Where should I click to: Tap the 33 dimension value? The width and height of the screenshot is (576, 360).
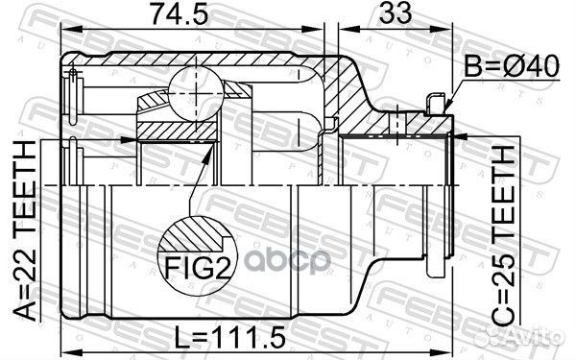coord(391,17)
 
